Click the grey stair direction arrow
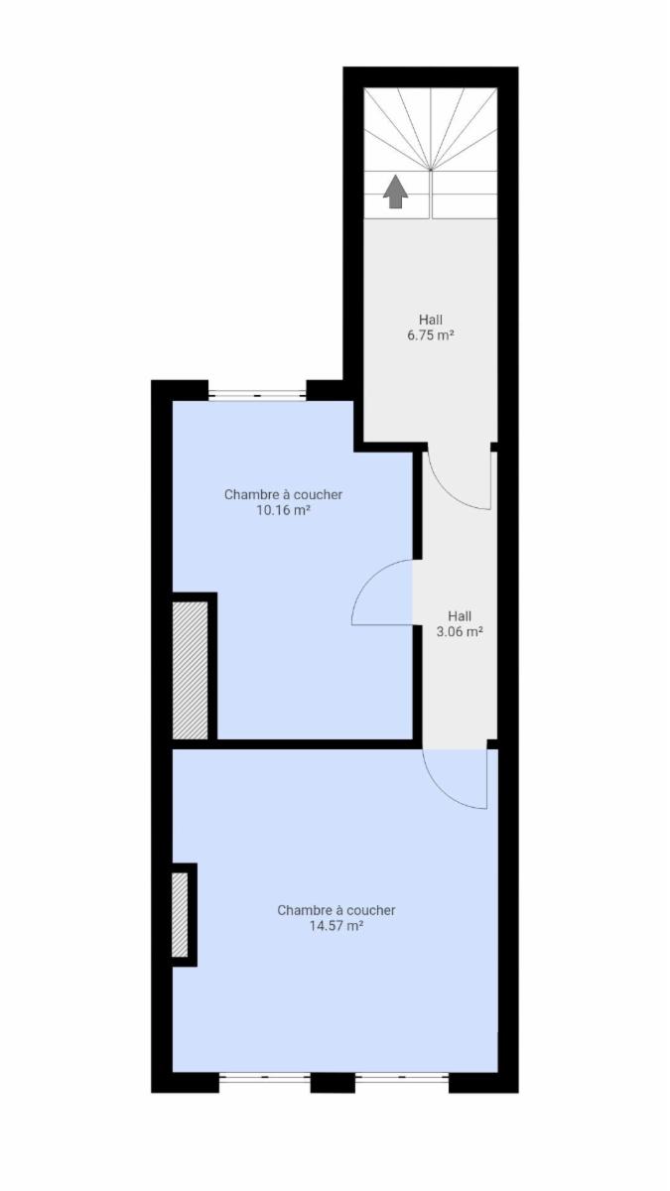point(396,192)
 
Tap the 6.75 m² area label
point(431,335)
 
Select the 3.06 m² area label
point(460,632)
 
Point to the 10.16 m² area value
point(284,511)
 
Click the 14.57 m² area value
point(336,926)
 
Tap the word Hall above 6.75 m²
point(431,320)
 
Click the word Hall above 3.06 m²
point(460,616)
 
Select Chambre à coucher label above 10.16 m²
point(284,495)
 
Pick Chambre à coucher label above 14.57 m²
point(336,910)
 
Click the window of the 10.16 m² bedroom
point(257,395)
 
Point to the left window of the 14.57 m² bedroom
point(265,1078)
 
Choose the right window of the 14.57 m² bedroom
point(402,1078)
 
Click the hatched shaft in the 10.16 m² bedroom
point(190,671)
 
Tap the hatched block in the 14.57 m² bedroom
point(181,915)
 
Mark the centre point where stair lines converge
point(431,170)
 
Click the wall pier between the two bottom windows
point(333,1083)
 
